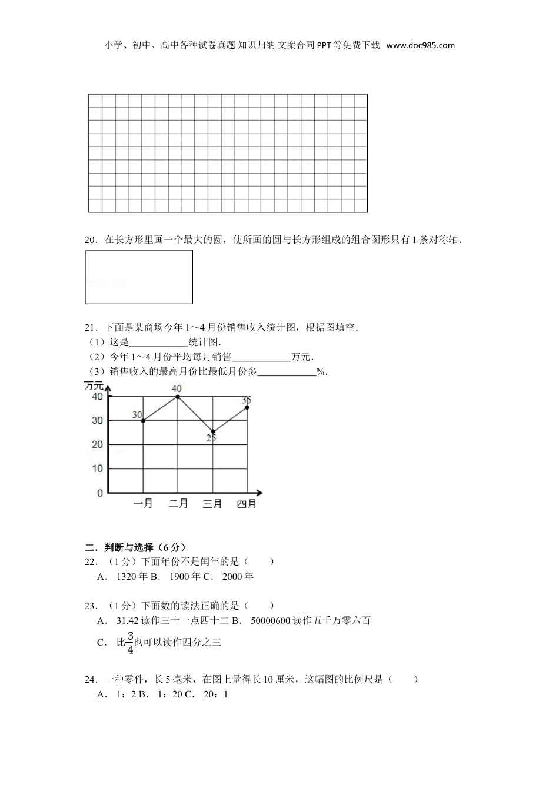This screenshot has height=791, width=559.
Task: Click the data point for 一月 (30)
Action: [x=143, y=421]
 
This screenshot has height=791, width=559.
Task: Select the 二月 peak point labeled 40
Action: [x=178, y=397]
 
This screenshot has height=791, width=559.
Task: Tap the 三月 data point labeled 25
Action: [x=212, y=431]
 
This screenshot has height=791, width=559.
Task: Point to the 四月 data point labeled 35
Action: [x=247, y=407]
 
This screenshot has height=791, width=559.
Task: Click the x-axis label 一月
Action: [x=143, y=504]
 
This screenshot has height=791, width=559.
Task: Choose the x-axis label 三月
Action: [x=212, y=504]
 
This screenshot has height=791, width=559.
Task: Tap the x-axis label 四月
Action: [x=247, y=504]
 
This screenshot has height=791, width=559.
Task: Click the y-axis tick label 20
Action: [x=97, y=445]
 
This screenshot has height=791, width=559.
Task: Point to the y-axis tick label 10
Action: [x=97, y=469]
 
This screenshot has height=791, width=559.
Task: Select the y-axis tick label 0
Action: [x=100, y=493]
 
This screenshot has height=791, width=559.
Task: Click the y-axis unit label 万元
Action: [x=94, y=386]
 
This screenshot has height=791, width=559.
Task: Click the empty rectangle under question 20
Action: [x=139, y=277]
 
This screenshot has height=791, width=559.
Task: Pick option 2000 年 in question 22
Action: [x=238, y=577]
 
